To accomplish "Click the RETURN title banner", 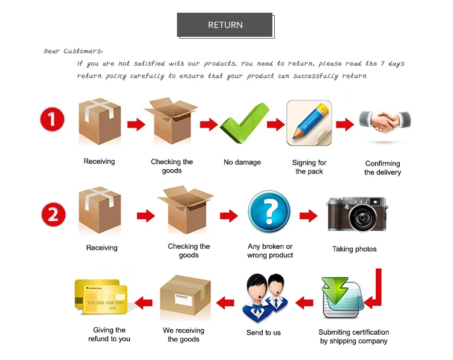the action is point(225,25).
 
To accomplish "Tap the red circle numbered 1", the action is point(52,119).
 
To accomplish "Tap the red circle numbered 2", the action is point(53,214).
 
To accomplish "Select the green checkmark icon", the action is point(245,123).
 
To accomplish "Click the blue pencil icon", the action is point(309,123).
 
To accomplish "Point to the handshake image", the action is point(385,121).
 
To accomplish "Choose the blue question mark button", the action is point(269,211).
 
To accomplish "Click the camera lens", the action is point(362,217).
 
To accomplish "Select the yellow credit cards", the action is point(101,297).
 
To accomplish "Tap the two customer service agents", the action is point(265,298).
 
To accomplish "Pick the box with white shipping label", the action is point(185,295).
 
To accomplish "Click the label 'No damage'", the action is point(242,162).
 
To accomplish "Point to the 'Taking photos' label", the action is point(354,249).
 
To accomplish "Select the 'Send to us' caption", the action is point(263,333).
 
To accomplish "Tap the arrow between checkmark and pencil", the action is point(275,124).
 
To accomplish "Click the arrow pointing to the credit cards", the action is point(143,303).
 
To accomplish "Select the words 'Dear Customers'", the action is point(73,51).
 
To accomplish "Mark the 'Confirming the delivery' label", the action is point(382,168).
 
